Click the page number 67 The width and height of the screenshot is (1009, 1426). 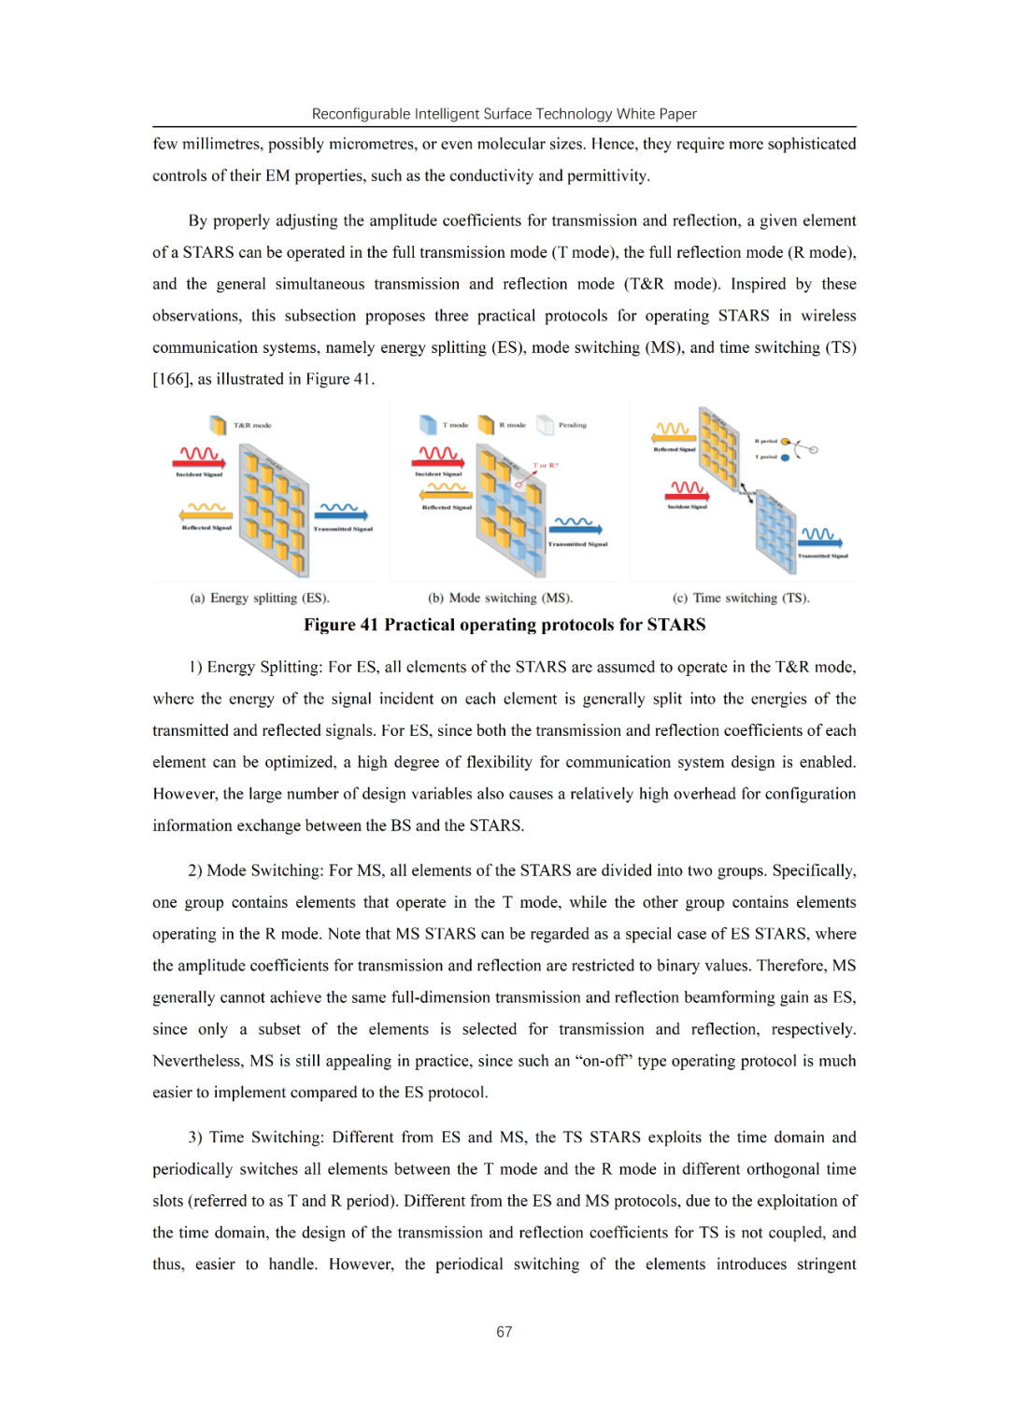504,1332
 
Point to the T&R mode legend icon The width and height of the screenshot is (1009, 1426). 218,426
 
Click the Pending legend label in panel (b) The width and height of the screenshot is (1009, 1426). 572,425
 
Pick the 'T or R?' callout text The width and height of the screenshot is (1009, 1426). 546,465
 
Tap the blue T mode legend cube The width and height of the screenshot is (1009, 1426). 428,425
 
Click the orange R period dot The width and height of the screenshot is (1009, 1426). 785,442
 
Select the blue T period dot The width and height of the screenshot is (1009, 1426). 785,458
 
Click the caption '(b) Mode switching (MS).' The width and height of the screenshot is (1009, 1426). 500,598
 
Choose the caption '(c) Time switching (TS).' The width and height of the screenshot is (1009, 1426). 741,598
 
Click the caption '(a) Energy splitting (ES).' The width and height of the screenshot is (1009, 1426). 260,598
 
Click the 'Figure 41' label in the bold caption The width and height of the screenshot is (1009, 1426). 340,625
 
